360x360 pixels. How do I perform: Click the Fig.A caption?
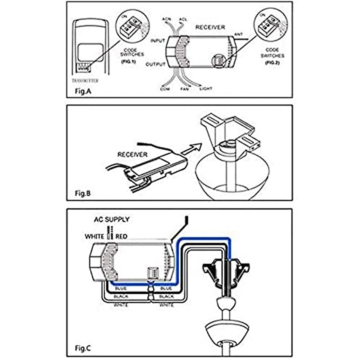coord(83,91)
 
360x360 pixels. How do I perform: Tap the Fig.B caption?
coord(83,193)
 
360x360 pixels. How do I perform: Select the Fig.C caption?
coord(83,349)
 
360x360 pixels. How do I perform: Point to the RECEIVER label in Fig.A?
coord(210,27)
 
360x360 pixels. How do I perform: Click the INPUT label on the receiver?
coord(157,40)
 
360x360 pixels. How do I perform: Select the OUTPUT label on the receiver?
coord(155,64)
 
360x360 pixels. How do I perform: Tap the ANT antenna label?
coord(238,34)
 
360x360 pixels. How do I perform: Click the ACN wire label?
coord(166,19)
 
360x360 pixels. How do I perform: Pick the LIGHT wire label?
coord(206,89)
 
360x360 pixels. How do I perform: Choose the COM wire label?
coord(165,89)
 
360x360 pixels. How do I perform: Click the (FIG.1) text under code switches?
coord(128,62)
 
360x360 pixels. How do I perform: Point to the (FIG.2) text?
coord(272,63)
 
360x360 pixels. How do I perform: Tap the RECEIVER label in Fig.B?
coord(132,155)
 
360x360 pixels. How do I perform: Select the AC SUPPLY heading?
coord(112,220)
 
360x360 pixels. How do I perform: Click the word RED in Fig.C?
coord(121,237)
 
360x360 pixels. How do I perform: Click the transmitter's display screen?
coord(90,52)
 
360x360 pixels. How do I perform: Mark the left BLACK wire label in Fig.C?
coord(121,296)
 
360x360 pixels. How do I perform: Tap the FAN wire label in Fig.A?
coord(184,89)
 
